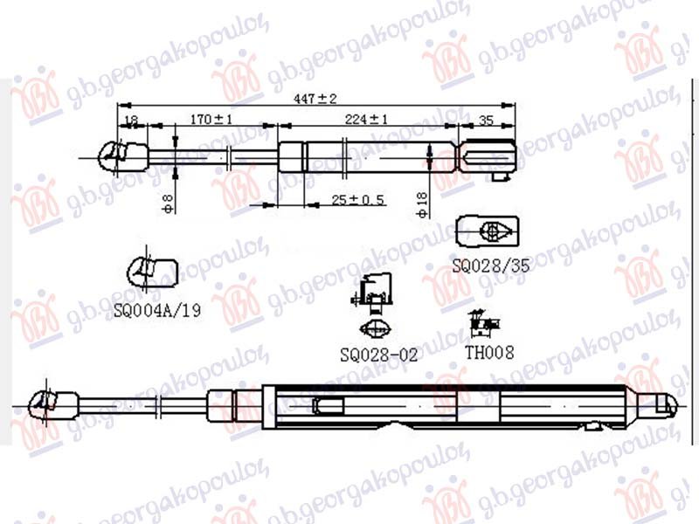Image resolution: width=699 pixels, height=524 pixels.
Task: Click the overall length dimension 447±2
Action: point(315,100)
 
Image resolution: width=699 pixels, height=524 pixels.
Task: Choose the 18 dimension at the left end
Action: point(131,120)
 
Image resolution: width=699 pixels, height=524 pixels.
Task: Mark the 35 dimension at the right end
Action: point(487,120)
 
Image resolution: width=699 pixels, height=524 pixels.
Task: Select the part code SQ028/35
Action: point(491,265)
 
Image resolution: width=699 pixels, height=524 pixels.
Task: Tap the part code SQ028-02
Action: point(379,355)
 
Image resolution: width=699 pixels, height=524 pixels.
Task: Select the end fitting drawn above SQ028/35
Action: point(489,231)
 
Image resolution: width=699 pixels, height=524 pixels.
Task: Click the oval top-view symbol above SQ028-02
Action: point(376,329)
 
